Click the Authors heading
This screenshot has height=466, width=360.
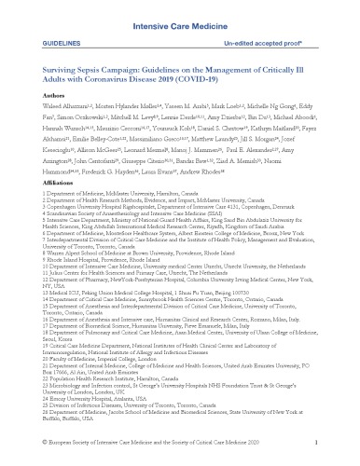click(x=31, y=105)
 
